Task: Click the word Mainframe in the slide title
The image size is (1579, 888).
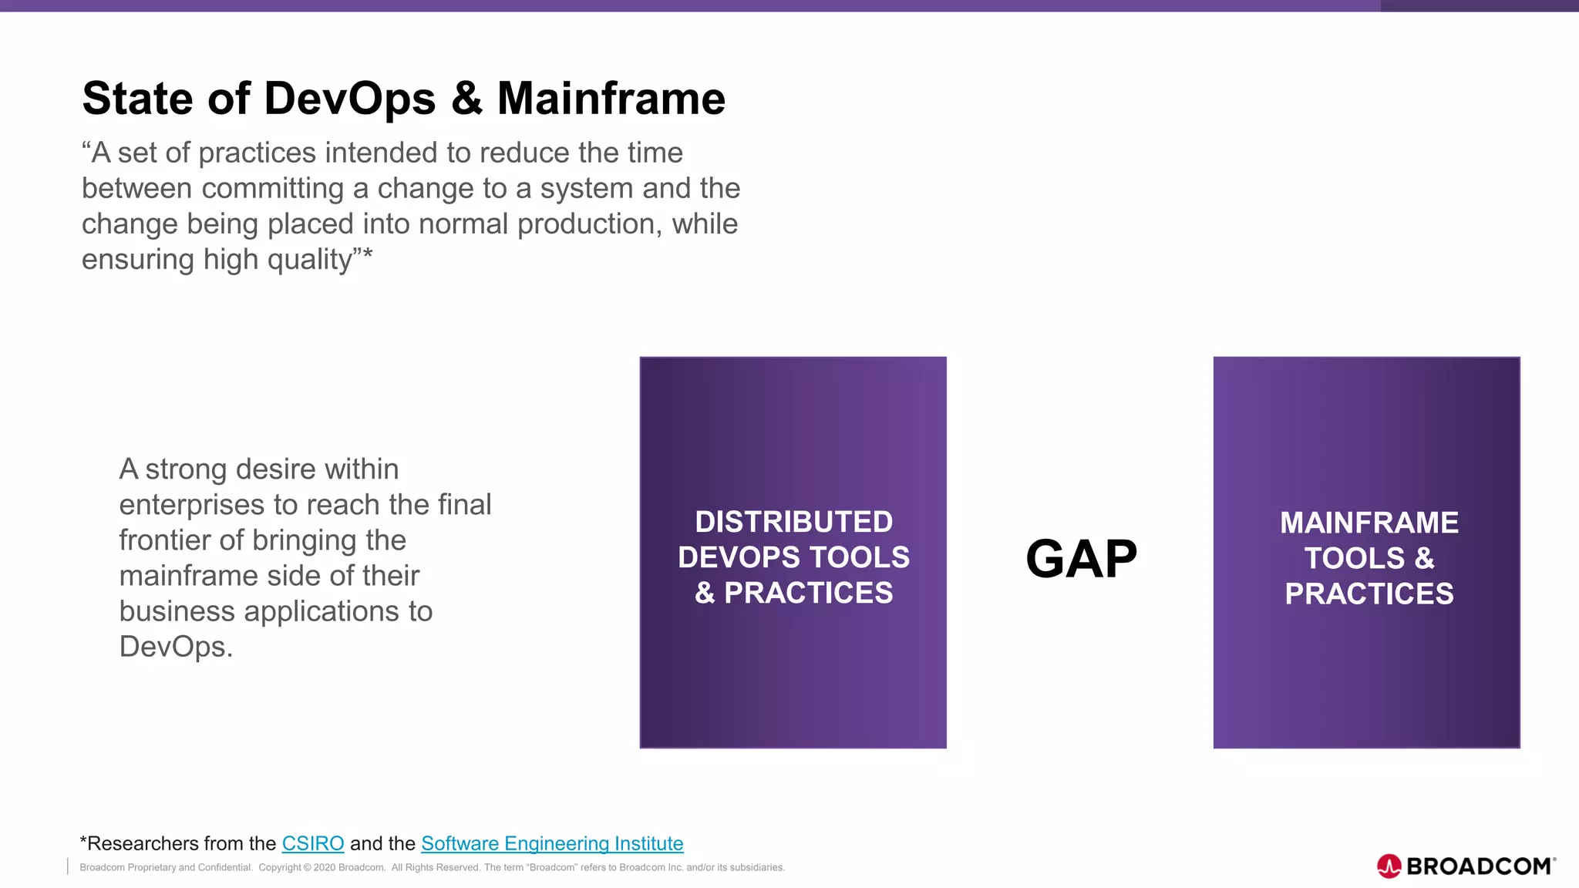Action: coord(611,99)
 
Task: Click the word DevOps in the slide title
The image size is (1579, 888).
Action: coord(349,99)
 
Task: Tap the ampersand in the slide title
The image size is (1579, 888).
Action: coord(466,99)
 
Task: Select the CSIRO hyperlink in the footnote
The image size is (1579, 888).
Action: coord(313,843)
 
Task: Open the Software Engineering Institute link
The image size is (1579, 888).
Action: coord(552,843)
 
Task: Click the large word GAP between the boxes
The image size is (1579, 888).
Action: coord(1081,559)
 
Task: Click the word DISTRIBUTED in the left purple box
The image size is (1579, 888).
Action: coord(793,522)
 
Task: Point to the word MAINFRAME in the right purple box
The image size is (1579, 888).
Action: coord(1369,523)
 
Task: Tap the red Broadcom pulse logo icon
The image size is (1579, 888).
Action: coord(1389,866)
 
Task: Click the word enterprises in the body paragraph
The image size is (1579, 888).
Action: coord(192,505)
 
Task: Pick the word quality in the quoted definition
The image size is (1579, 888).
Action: coord(310,260)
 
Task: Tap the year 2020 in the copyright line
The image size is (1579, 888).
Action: coord(324,868)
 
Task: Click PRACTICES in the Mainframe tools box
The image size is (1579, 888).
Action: coord(1369,594)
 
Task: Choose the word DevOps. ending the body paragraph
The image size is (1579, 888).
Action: coord(176,647)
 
